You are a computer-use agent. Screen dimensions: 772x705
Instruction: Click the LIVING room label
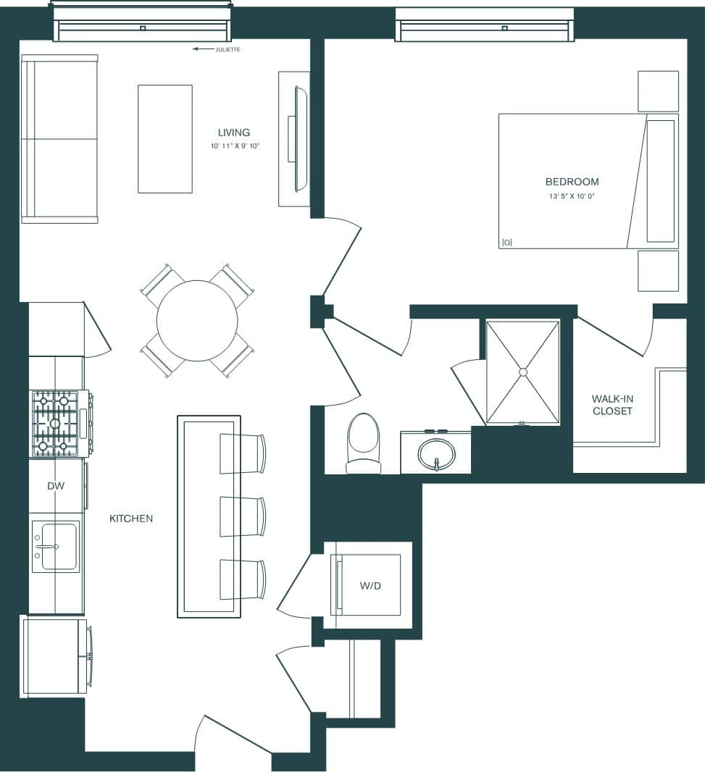(233, 133)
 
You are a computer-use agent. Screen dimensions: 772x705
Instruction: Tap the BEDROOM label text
(572, 182)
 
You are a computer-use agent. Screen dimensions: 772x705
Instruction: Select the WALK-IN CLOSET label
(612, 405)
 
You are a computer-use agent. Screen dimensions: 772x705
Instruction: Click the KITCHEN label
(131, 519)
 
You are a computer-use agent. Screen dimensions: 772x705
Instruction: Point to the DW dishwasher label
(56, 486)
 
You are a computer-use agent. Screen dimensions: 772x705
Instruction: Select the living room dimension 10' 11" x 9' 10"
(233, 146)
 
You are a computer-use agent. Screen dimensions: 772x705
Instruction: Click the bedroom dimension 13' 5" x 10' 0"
(572, 196)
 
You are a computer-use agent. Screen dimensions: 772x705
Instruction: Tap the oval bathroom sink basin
(437, 453)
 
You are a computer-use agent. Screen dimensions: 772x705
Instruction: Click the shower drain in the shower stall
(522, 372)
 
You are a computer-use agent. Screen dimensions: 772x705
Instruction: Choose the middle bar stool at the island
(242, 516)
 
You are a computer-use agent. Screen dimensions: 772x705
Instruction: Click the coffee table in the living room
(165, 139)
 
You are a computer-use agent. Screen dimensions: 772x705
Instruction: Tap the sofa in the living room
(59, 139)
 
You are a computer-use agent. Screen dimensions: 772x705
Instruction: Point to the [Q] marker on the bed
(506, 243)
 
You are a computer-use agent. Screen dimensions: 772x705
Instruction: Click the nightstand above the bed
(658, 91)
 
